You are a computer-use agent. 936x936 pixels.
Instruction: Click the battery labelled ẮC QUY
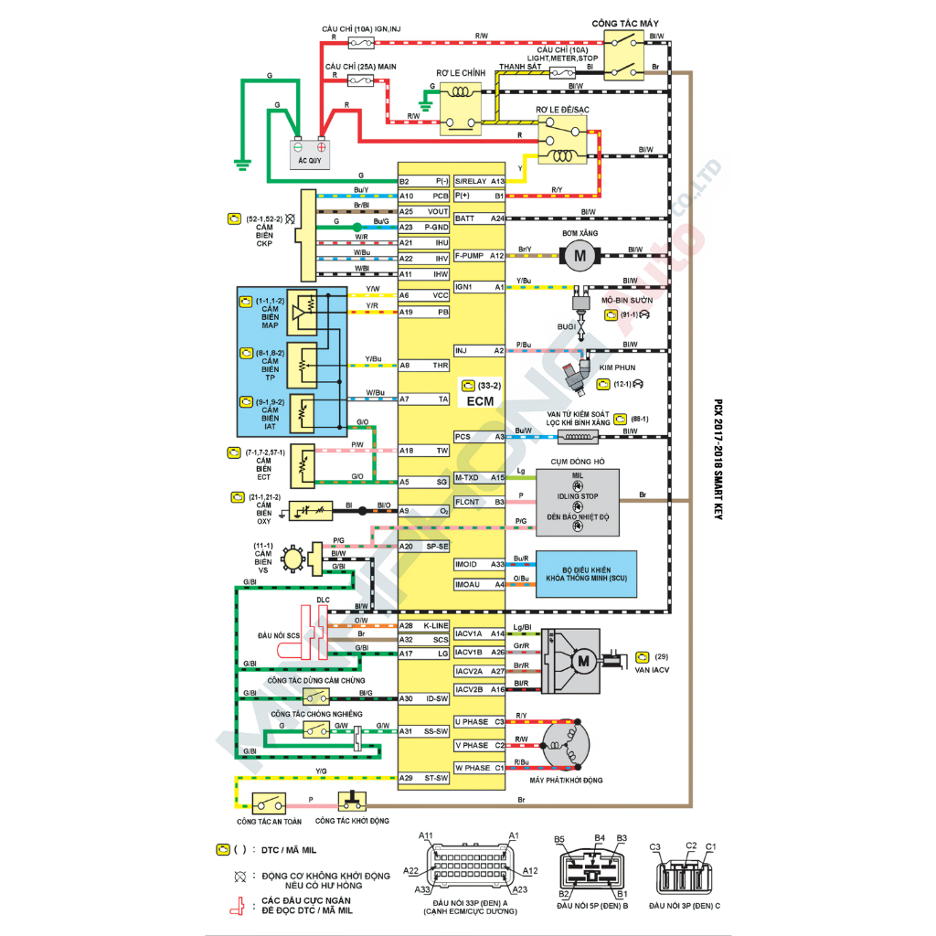310,151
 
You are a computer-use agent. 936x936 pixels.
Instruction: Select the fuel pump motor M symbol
579,256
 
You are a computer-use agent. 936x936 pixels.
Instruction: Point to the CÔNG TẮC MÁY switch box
629,54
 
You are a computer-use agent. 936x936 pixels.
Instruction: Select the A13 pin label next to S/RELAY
497,182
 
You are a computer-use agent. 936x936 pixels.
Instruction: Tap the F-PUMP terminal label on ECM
469,256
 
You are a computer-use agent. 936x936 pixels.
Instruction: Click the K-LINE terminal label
435,625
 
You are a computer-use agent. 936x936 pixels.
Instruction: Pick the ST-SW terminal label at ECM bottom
436,779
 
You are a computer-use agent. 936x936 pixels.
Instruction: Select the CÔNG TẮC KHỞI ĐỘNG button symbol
351,802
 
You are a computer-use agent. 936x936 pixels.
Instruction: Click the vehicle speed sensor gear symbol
293,557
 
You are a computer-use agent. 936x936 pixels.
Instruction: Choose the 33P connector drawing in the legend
469,865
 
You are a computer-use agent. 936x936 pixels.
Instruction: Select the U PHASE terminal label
472,722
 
